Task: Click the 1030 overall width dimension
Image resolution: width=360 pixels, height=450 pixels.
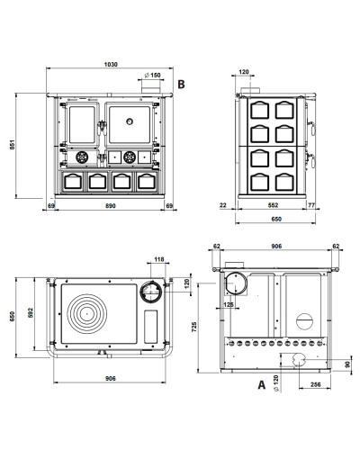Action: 111,64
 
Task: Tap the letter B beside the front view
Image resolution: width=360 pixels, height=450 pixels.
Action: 181,85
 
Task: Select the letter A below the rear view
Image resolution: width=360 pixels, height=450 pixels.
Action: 262,384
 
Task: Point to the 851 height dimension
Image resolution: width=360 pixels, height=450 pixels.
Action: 12,145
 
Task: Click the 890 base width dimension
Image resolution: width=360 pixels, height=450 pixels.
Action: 111,206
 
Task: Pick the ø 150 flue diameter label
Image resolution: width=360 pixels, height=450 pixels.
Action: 152,75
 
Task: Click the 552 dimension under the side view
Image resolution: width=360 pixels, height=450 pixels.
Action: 273,205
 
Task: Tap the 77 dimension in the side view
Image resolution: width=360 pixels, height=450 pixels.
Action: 311,205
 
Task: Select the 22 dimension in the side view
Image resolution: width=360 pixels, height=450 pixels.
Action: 223,205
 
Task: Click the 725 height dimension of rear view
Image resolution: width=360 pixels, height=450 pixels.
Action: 194,327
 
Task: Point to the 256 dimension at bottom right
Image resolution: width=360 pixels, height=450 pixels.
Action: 316,384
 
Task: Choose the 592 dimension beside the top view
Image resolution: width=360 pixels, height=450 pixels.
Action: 31,312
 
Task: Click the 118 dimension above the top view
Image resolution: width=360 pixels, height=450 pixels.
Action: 159,259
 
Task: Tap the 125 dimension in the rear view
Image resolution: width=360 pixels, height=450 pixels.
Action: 229,304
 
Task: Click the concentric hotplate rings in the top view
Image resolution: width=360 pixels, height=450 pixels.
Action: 86,314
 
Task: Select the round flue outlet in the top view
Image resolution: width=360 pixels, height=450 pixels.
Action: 151,292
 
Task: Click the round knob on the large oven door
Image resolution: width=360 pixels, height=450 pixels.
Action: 130,121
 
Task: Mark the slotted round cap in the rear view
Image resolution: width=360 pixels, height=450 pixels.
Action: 304,321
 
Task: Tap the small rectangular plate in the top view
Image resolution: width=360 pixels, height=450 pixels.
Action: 150,327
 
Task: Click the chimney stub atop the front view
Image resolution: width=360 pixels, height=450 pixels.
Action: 151,90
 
